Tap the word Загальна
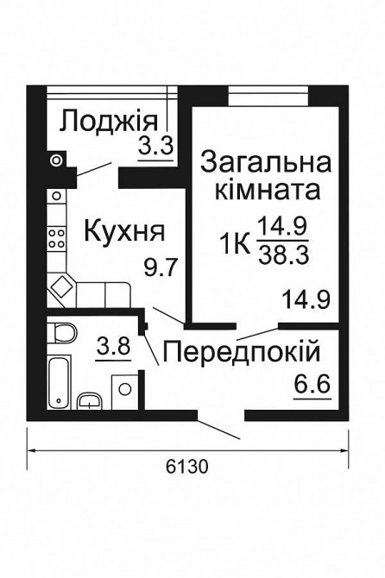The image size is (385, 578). [x=266, y=161]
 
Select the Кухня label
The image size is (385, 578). [x=123, y=230]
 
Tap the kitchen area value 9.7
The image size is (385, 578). [x=161, y=267]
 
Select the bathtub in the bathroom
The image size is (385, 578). [x=58, y=381]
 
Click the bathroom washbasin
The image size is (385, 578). [x=90, y=399]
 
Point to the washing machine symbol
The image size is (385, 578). [x=124, y=388]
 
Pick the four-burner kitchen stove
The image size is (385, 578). [x=57, y=234]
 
